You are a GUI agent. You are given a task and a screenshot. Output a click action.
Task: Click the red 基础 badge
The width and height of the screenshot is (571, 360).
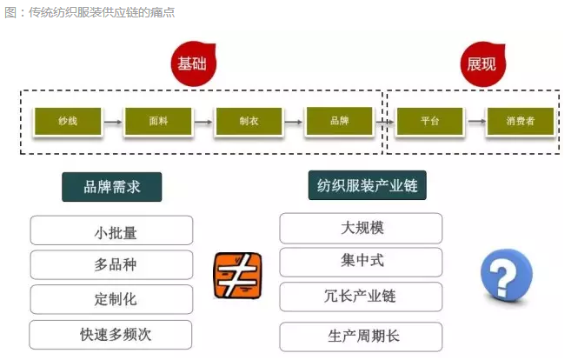click(x=193, y=63)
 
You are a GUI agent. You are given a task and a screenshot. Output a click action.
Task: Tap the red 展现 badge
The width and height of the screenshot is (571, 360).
click(x=483, y=64)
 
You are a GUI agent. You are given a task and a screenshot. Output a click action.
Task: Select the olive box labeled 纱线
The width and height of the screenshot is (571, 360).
click(x=68, y=122)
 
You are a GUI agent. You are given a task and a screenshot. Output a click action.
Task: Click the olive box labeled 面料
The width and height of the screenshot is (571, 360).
click(x=158, y=122)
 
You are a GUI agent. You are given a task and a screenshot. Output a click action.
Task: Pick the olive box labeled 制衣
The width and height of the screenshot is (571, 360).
click(x=249, y=122)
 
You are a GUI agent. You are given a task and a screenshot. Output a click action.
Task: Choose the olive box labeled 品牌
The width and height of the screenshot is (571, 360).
click(x=340, y=121)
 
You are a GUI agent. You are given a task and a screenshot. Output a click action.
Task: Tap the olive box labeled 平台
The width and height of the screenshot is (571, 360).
click(x=429, y=122)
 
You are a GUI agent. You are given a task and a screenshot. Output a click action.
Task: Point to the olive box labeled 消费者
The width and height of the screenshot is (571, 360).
click(x=521, y=122)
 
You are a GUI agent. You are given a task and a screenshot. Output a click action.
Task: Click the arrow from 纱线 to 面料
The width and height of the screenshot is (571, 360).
click(x=113, y=122)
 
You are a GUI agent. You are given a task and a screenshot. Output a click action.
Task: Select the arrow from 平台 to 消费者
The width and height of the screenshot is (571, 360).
click(x=476, y=122)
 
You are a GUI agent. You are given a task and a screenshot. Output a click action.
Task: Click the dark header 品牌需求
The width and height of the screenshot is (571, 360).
click(x=112, y=187)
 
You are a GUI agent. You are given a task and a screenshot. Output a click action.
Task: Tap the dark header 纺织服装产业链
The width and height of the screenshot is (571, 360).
click(x=367, y=185)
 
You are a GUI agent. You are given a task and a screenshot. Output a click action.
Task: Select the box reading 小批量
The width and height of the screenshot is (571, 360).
click(x=111, y=230)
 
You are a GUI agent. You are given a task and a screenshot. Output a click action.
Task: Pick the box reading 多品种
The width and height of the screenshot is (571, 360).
click(x=111, y=264)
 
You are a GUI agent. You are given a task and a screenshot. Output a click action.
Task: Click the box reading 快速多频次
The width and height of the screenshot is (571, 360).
click(x=110, y=335)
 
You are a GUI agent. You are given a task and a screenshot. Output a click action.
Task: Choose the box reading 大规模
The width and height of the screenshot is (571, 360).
click(x=361, y=228)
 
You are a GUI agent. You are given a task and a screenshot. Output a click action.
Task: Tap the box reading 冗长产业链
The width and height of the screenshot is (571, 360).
click(x=361, y=297)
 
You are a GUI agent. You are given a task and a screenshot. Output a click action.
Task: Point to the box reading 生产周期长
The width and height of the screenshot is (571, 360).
click(x=361, y=337)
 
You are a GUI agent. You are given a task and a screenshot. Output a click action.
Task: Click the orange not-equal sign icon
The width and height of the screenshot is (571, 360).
click(x=237, y=276)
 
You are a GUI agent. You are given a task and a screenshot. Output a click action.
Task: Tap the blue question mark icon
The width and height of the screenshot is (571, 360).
click(x=506, y=276)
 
